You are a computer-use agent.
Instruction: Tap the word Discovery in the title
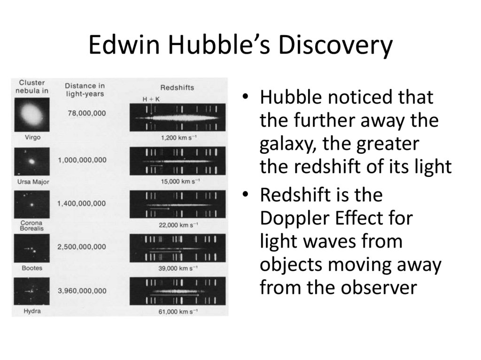[334, 46]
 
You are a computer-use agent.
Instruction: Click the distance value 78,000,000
[87, 113]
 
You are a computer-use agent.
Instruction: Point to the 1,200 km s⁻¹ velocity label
[178, 138]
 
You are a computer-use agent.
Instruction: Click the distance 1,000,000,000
[82, 160]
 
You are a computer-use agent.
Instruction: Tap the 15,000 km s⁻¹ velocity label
[178, 182]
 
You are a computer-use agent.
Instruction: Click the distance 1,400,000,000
[82, 203]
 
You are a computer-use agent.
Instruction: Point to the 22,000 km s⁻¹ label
[178, 225]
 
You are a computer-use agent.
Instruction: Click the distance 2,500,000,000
[82, 247]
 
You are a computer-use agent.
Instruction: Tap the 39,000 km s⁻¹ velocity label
[178, 268]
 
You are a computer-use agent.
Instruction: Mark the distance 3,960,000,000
[82, 291]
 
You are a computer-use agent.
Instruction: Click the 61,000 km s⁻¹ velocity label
[178, 311]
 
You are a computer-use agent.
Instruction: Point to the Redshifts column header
[177, 88]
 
